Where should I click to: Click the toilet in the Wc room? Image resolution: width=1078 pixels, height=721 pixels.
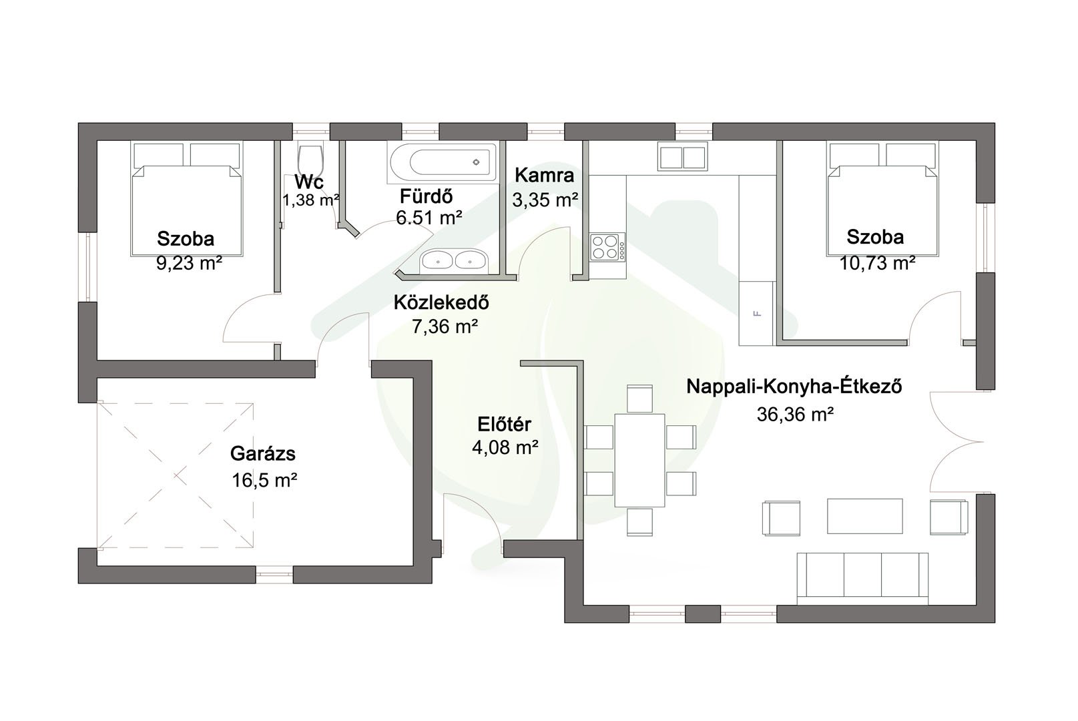pyautogui.click(x=310, y=160)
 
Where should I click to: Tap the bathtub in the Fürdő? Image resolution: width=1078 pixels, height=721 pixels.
pyautogui.click(x=442, y=162)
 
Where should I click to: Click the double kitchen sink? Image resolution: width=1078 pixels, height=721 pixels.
pyautogui.click(x=682, y=156)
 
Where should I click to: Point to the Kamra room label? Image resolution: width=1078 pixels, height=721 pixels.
pyautogui.click(x=544, y=175)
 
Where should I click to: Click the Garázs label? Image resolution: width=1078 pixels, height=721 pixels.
pyautogui.click(x=263, y=453)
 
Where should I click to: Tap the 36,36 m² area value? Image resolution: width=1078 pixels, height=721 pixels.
pyautogui.click(x=795, y=414)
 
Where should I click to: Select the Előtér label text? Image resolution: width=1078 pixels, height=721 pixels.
pyautogui.click(x=505, y=424)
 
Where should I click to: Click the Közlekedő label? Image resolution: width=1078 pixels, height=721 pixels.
pyautogui.click(x=441, y=302)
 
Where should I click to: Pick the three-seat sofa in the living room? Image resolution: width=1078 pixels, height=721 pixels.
pyautogui.click(x=862, y=578)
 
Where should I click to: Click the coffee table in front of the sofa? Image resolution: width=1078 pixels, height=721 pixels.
pyautogui.click(x=865, y=516)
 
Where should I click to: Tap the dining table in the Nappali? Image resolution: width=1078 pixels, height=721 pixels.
pyautogui.click(x=639, y=460)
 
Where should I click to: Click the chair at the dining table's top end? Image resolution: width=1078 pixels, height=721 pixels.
pyautogui.click(x=639, y=399)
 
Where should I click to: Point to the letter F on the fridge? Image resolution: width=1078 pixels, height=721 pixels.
pyautogui.click(x=758, y=314)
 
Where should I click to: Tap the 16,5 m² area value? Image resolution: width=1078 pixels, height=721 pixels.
pyautogui.click(x=264, y=481)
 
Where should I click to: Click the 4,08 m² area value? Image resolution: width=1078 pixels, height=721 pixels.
pyautogui.click(x=505, y=447)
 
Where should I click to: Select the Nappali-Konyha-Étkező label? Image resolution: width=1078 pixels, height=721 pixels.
pyautogui.click(x=794, y=387)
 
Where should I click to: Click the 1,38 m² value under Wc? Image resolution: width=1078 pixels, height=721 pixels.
pyautogui.click(x=311, y=200)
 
